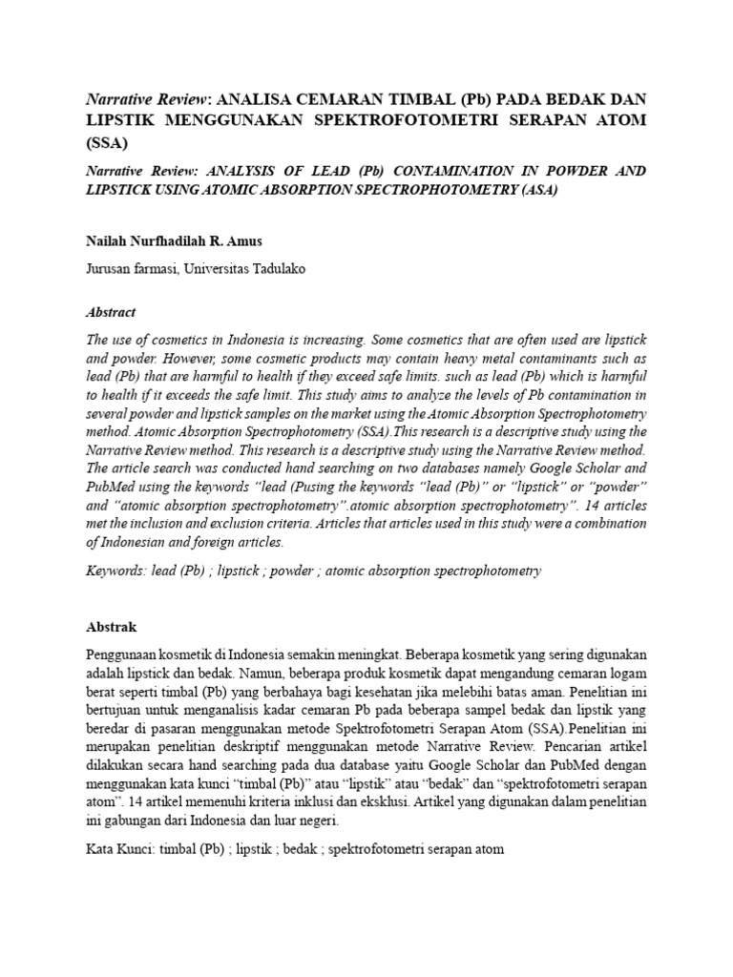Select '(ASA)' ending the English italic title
[x=534, y=190]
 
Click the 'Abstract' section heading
[x=111, y=312]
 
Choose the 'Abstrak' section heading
[x=112, y=627]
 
